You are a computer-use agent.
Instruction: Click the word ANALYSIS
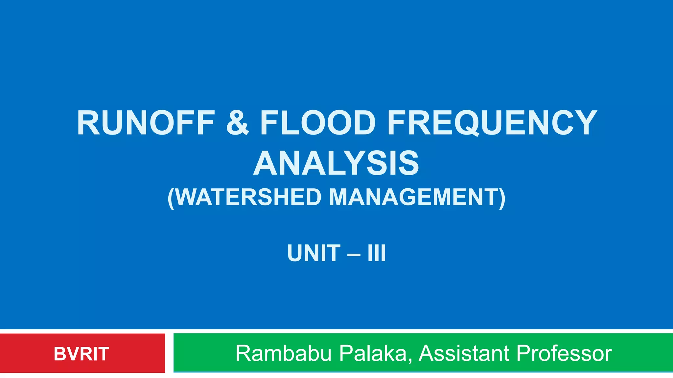click(x=336, y=163)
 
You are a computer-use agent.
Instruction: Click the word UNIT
click(x=314, y=253)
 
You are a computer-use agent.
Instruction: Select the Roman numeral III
click(x=377, y=253)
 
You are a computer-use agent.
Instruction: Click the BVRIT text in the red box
click(x=81, y=354)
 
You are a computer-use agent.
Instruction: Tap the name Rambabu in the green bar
click(x=283, y=354)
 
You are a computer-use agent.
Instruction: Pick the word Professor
click(x=564, y=354)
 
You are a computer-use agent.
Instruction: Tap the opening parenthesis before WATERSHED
click(x=171, y=198)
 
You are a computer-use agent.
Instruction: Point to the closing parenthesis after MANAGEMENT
click(x=502, y=198)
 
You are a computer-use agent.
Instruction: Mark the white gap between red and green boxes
click(x=169, y=353)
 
